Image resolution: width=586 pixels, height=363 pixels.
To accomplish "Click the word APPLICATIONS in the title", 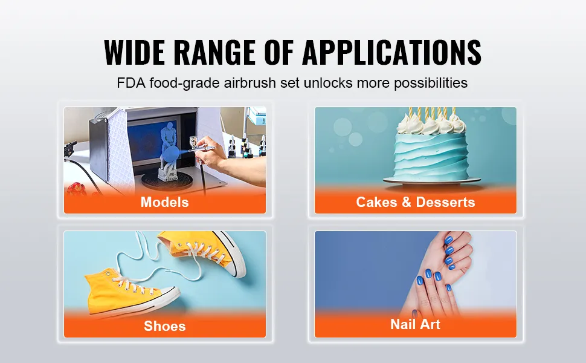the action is pyautogui.click(x=391, y=52).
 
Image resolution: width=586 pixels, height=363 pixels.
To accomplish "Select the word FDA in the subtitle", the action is pyautogui.click(x=131, y=83).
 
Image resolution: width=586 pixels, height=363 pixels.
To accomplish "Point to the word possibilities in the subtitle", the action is pyautogui.click(x=431, y=83).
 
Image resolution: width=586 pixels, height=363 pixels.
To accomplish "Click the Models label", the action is pyautogui.click(x=165, y=202).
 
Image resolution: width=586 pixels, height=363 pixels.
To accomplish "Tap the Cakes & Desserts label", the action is pyautogui.click(x=416, y=202).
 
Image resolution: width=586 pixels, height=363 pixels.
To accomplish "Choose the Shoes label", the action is pyautogui.click(x=165, y=326).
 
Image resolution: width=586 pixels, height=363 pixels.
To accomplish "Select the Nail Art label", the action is pyautogui.click(x=416, y=324).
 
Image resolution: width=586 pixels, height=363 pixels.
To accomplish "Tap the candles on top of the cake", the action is pyautogui.click(x=432, y=115).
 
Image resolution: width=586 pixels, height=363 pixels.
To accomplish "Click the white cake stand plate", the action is pyautogui.click(x=432, y=180).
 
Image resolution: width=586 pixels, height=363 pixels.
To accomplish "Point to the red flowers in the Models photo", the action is pyautogui.click(x=76, y=189).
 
